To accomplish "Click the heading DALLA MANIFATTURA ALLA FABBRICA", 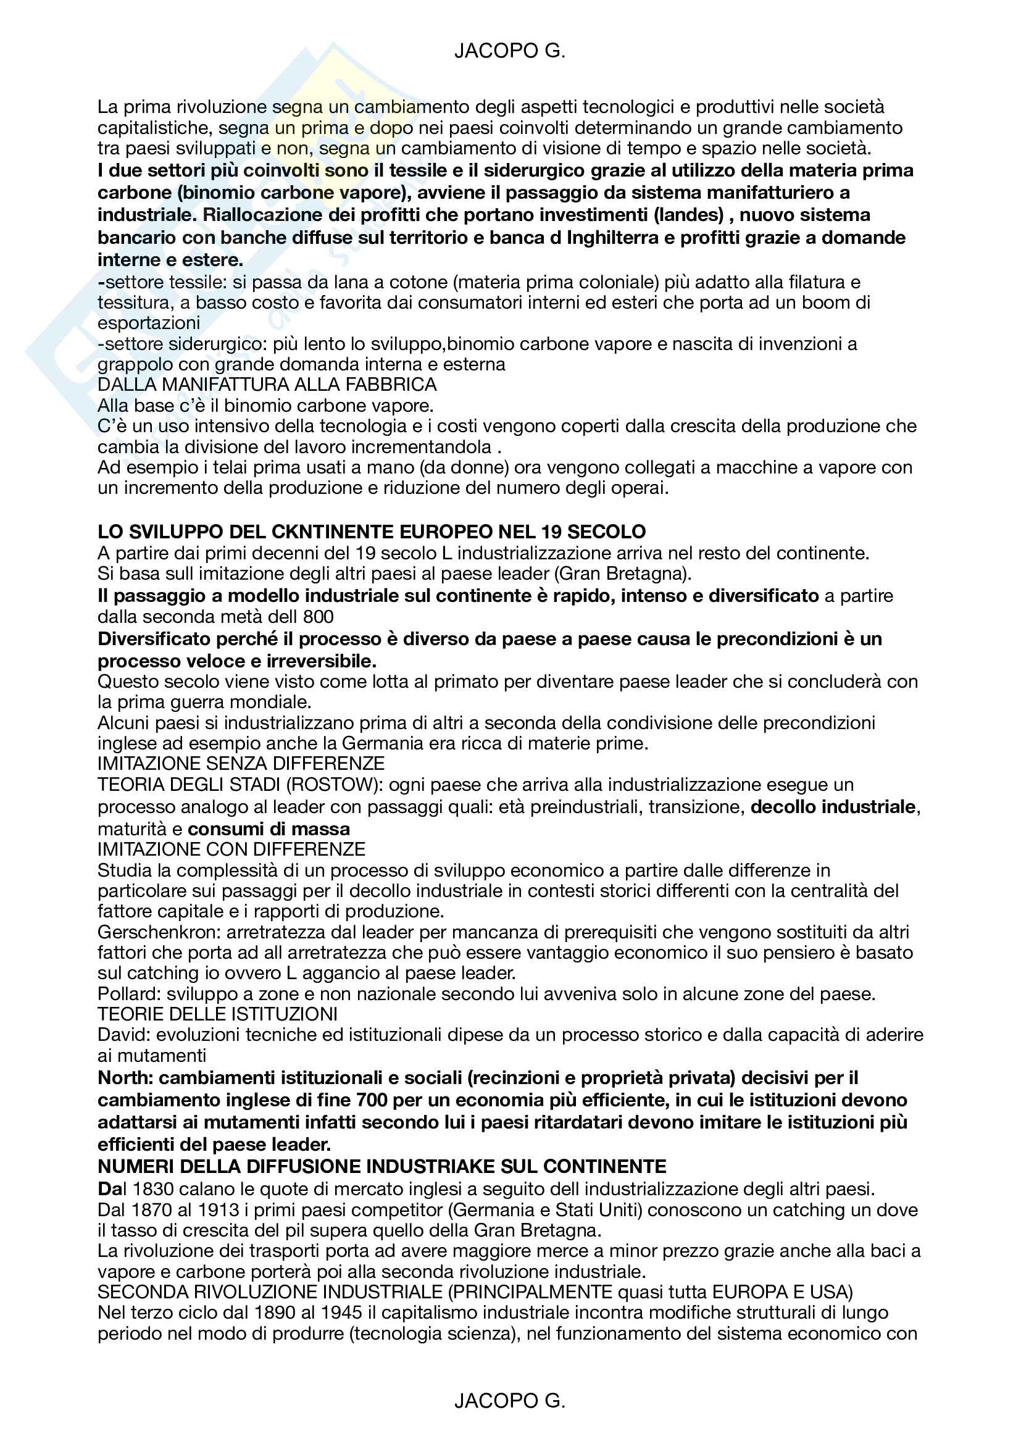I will point(267,384).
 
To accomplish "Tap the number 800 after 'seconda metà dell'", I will point(318,616).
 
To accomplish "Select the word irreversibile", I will point(321,661).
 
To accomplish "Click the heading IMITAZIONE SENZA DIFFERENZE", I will point(241,764).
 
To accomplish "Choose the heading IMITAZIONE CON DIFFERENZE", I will point(231,849).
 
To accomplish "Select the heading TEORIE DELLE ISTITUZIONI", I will point(217,1014).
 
